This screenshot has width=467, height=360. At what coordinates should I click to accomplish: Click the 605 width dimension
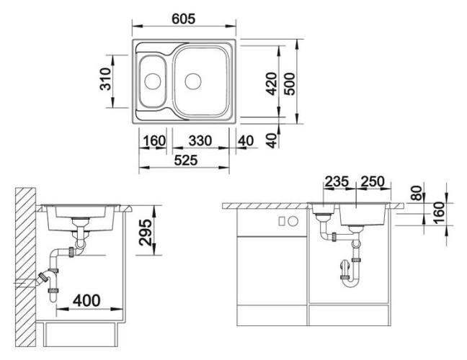pyautogui.click(x=184, y=19)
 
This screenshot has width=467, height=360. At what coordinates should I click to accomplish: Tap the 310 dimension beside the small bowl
pyautogui.click(x=105, y=79)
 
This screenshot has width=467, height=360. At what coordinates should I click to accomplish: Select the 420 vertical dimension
pyautogui.click(x=271, y=84)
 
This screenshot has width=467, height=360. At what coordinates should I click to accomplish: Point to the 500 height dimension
pyautogui.click(x=289, y=84)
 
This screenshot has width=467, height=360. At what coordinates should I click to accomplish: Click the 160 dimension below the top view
pyautogui.click(x=154, y=140)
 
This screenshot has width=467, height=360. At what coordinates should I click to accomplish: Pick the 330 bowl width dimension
pyautogui.click(x=200, y=140)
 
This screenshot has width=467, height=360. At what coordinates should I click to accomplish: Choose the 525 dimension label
pyautogui.click(x=186, y=161)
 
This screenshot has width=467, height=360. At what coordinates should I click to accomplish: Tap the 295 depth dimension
pyautogui.click(x=146, y=233)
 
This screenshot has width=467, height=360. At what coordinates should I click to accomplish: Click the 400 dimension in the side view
pyautogui.click(x=86, y=300)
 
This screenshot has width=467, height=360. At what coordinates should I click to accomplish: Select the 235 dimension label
pyautogui.click(x=337, y=181)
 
